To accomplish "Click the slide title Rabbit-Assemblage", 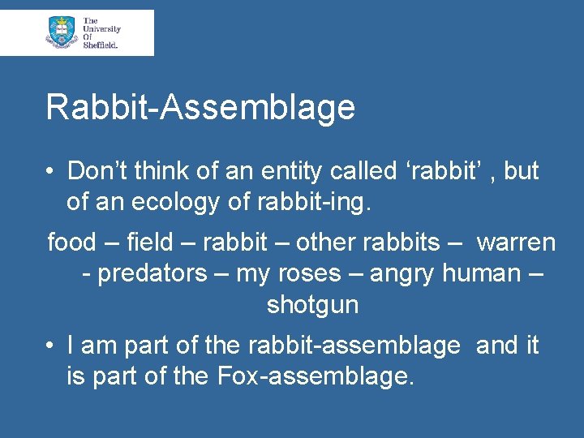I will click(x=200, y=108).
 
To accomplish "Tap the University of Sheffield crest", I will click(x=62, y=32).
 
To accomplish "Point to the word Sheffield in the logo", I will click(x=101, y=45).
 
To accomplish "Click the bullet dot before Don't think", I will click(x=50, y=172).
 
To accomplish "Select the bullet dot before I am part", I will click(x=50, y=346).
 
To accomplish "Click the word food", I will click(x=71, y=243).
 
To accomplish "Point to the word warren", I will click(x=516, y=243).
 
